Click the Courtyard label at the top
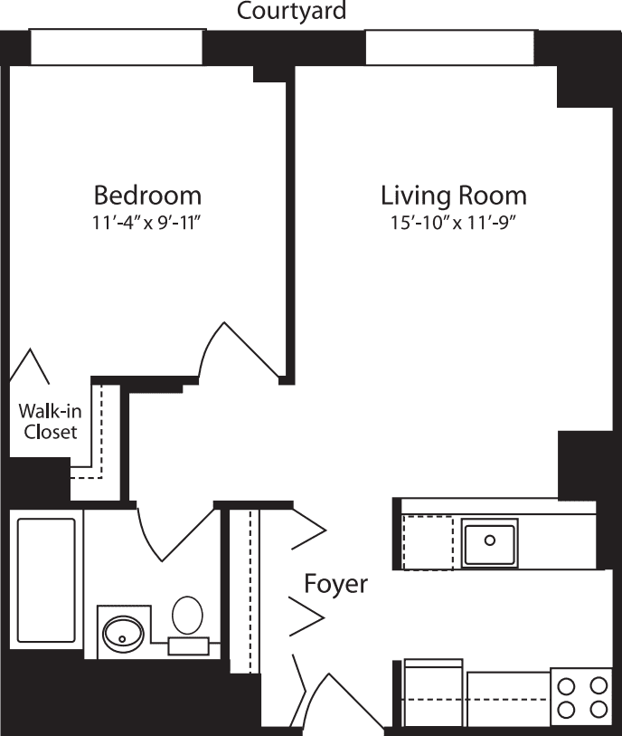[291, 12]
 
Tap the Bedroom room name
[148, 196]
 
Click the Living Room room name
[453, 196]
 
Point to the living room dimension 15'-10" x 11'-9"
[453, 223]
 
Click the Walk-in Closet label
[48, 422]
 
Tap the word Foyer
[335, 584]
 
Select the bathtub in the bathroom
[45, 579]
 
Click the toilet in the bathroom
[188, 616]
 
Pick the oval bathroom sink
[121, 632]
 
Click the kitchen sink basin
[489, 542]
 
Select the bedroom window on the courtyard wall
[117, 47]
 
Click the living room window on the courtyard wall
[450, 47]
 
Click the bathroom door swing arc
[167, 534]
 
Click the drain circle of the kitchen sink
[489, 540]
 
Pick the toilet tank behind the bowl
[188, 645]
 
